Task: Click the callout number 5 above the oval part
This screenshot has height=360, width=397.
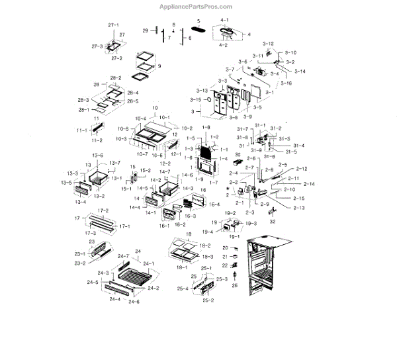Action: (x=197, y=22)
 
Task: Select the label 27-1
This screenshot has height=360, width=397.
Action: (x=113, y=24)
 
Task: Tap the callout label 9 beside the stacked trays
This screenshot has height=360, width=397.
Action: (x=159, y=66)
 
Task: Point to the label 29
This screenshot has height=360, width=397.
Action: (x=146, y=31)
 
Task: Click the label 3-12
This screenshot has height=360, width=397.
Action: (x=267, y=43)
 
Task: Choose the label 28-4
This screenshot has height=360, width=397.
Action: (x=133, y=93)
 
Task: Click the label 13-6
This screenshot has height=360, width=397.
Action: (x=98, y=155)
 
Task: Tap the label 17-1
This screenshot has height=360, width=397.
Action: (x=124, y=226)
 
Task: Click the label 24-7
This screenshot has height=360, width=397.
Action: (x=123, y=256)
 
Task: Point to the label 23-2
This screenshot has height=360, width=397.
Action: (x=79, y=263)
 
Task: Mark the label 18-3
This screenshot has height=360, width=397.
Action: (x=207, y=256)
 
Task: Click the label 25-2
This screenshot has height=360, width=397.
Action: (x=208, y=300)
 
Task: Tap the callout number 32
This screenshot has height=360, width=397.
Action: (x=273, y=222)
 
